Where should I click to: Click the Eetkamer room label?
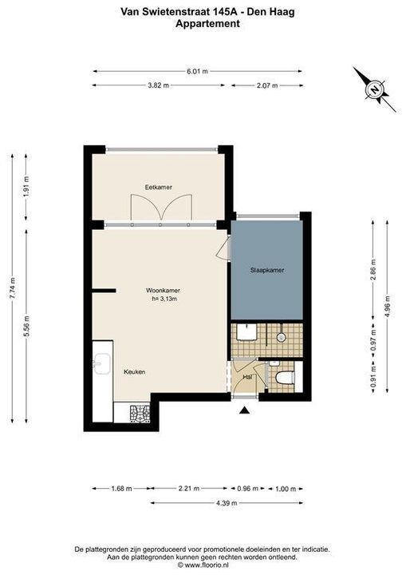tap(158, 187)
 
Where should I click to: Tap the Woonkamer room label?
tap(163, 291)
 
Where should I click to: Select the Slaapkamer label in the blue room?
tap(267, 270)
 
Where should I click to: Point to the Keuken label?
tap(135, 372)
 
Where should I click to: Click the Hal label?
tap(247, 377)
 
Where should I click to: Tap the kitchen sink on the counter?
tap(102, 363)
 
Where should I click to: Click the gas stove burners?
tap(140, 414)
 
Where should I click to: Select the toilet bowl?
tap(285, 378)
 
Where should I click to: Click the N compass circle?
tap(374, 89)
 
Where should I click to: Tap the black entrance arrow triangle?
tap(244, 410)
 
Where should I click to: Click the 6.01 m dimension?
tap(197, 72)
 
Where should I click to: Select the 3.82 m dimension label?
tap(158, 85)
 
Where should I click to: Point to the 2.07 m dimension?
tap(267, 85)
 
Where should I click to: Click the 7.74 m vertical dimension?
tap(13, 288)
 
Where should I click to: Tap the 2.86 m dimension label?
tap(373, 270)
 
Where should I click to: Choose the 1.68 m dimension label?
tap(121, 489)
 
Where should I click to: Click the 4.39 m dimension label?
tap(227, 503)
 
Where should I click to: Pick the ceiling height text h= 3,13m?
tap(164, 299)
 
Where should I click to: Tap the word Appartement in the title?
tap(207, 24)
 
